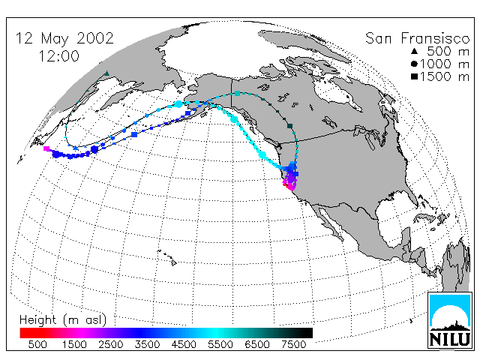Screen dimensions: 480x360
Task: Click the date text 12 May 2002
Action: [x=64, y=39]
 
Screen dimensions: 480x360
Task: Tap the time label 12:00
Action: [x=58, y=56]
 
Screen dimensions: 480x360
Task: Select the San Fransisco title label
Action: [x=417, y=38]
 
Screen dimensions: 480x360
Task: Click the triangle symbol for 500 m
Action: [x=414, y=52]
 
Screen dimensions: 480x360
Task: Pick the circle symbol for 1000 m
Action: [x=414, y=64]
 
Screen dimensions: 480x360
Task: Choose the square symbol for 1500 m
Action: [x=414, y=76]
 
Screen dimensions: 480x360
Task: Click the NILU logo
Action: [x=450, y=320]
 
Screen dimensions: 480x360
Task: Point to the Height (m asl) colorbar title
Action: [x=63, y=320]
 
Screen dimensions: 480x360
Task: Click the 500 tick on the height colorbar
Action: [x=37, y=345]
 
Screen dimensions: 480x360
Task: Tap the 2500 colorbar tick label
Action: [x=110, y=345]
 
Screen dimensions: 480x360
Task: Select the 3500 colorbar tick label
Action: [x=147, y=345]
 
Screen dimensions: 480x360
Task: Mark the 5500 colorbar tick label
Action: [x=220, y=345]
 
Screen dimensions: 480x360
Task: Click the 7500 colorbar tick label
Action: [x=293, y=345]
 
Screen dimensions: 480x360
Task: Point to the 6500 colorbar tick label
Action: [x=256, y=345]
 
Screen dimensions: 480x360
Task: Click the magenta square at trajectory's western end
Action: [x=46, y=148]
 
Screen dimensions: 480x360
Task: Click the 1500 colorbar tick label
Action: [x=74, y=345]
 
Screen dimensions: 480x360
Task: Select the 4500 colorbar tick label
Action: [x=184, y=345]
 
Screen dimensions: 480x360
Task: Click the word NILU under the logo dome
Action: [x=450, y=339]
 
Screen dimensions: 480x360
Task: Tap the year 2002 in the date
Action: [x=95, y=38]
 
